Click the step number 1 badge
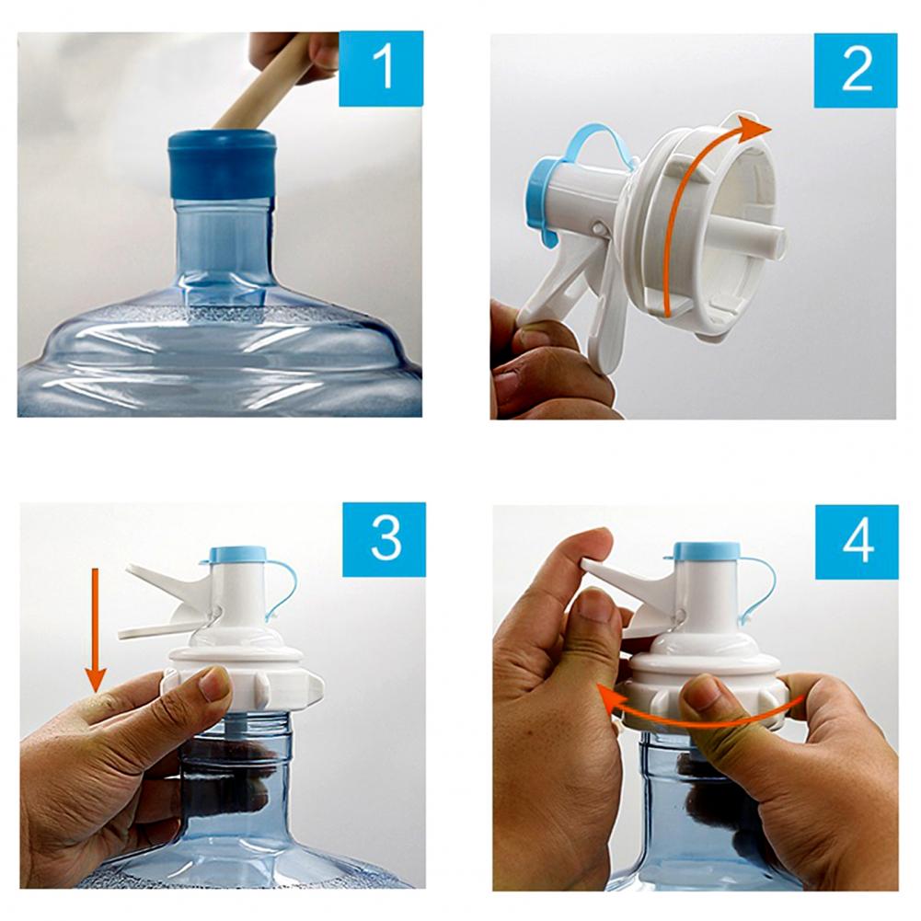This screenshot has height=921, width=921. (x=381, y=69)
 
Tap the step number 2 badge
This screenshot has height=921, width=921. (x=856, y=70)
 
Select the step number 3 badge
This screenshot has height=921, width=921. (x=385, y=539)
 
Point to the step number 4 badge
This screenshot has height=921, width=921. (x=857, y=542)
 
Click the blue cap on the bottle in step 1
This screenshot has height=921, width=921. (x=222, y=164)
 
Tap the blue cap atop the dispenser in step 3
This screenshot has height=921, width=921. (x=238, y=555)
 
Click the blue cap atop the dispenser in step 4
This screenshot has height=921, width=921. (x=708, y=551)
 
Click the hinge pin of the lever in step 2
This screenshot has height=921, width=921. (x=599, y=226)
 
